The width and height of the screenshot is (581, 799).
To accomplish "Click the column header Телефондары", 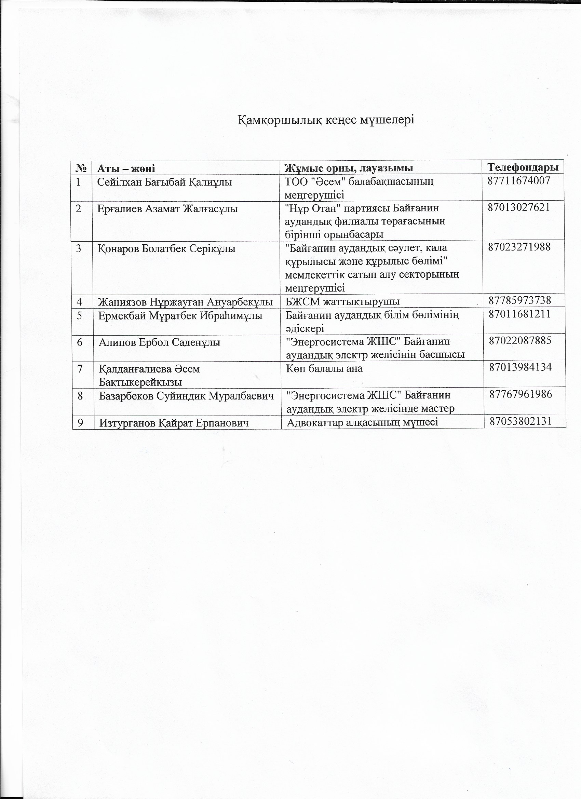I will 523,167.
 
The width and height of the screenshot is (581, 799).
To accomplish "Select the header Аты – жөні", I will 126,168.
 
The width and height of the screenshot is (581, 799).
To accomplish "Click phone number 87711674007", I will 519,181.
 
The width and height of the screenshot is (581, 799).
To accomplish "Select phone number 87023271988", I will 519,247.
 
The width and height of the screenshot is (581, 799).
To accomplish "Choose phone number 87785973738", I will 520,300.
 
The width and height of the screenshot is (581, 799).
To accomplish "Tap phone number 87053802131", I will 521,421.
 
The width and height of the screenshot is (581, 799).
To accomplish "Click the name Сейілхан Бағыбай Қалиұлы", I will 164,182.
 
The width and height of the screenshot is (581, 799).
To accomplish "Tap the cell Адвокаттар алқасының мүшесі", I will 362,422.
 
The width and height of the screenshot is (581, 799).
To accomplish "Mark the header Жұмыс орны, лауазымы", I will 349,168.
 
